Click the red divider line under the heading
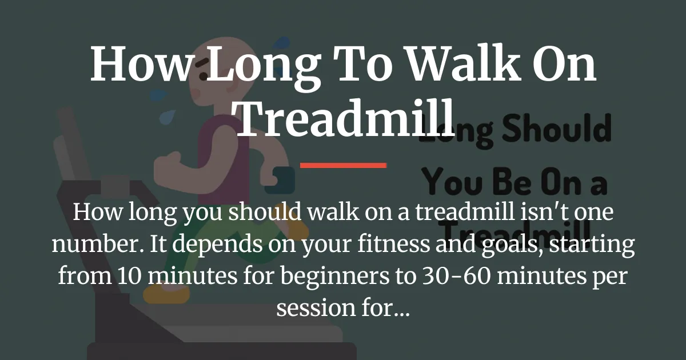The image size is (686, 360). pos(343,165)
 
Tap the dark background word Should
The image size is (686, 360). pos(549,130)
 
